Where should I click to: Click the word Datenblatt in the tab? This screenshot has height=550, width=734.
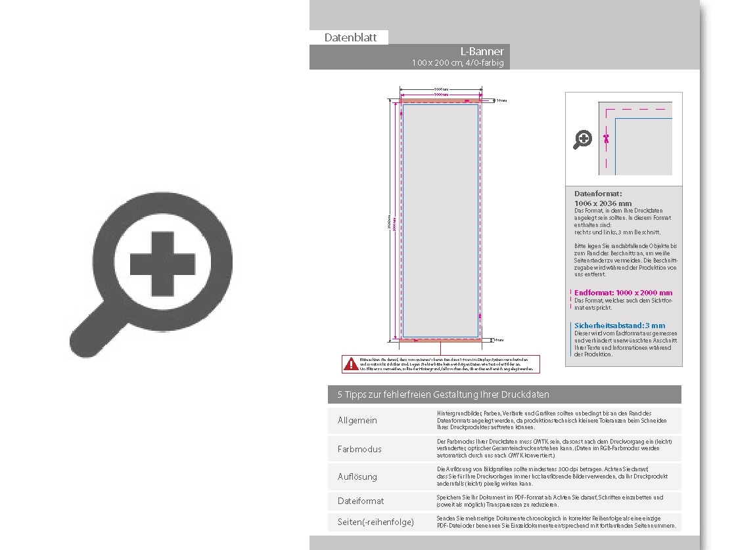click(350, 37)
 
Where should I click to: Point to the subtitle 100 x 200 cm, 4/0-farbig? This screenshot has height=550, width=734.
click(457, 63)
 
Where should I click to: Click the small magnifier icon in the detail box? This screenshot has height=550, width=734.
click(583, 139)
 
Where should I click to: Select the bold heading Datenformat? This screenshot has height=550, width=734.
click(598, 194)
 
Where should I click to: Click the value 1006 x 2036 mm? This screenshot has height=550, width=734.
click(603, 203)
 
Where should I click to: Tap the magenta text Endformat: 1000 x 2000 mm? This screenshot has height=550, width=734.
click(623, 293)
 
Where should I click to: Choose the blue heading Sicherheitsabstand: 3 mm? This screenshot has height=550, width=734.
click(619, 326)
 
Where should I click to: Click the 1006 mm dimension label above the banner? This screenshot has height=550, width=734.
click(441, 89)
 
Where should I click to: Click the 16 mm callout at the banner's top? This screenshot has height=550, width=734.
click(501, 100)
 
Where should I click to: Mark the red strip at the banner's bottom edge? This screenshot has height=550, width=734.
click(440, 340)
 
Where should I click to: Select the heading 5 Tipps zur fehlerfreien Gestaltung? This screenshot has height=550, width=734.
click(443, 394)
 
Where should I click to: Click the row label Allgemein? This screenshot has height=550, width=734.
click(357, 420)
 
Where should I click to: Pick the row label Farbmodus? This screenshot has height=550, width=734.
click(359, 449)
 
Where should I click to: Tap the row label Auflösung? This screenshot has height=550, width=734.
click(357, 476)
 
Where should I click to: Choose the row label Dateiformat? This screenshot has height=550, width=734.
click(361, 501)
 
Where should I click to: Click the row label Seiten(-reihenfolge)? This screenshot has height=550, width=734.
click(376, 522)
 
